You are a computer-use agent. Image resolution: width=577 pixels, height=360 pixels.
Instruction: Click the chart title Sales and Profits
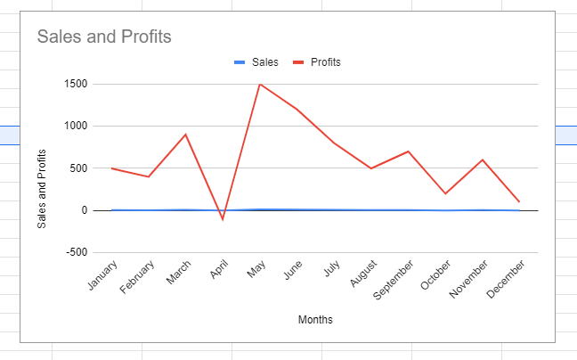tap(104, 37)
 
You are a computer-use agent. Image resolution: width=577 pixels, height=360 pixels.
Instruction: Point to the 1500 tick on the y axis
tap(75, 85)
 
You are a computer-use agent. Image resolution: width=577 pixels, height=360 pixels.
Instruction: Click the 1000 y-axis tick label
tap(75, 127)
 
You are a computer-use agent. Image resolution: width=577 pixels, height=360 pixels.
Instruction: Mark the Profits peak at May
tap(260, 85)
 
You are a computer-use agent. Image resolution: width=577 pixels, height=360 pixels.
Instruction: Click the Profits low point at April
tap(223, 218)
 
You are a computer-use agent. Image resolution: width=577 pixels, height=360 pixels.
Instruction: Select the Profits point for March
tap(185, 135)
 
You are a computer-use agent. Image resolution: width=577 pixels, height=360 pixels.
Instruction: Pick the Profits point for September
tap(408, 151)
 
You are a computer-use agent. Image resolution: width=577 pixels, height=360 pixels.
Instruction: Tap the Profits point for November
tap(482, 160)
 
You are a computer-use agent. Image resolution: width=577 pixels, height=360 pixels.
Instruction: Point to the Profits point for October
tap(444, 193)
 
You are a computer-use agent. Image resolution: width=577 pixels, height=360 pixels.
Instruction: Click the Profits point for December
tap(519, 201)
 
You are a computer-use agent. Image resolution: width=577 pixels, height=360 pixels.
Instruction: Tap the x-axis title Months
tap(315, 319)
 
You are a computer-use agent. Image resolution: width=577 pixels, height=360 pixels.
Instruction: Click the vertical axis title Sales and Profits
tap(42, 189)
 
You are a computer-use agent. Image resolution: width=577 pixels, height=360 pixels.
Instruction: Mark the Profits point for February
tap(149, 176)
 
